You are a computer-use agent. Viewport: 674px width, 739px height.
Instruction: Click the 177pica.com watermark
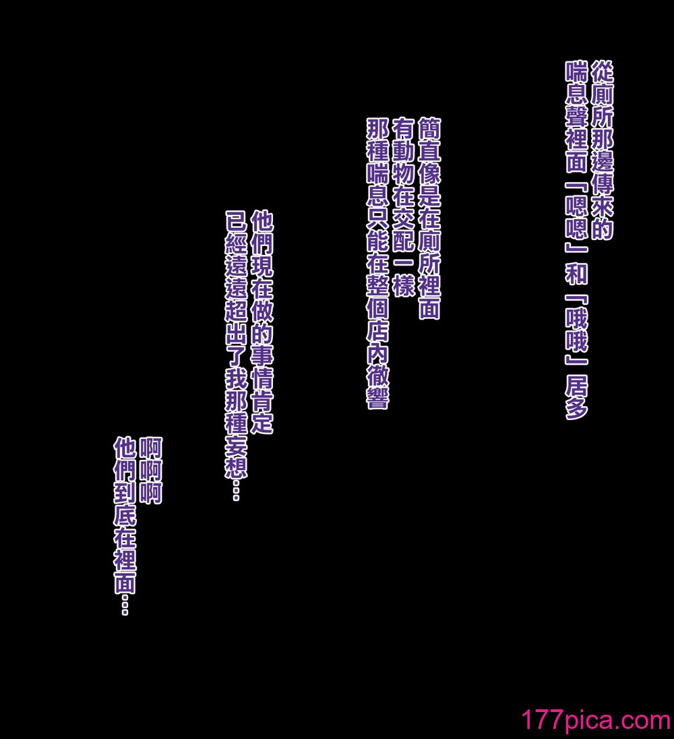click(596, 719)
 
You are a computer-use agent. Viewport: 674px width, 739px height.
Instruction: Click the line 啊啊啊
click(151, 471)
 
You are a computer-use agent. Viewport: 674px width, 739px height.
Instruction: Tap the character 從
click(603, 71)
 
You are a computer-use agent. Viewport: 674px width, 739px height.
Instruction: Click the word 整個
click(377, 297)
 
